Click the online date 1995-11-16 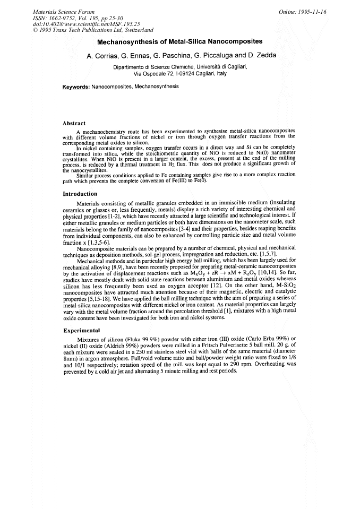click(311, 11)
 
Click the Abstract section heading click(74, 123)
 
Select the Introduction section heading click(80, 194)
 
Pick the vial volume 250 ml click(138, 352)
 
